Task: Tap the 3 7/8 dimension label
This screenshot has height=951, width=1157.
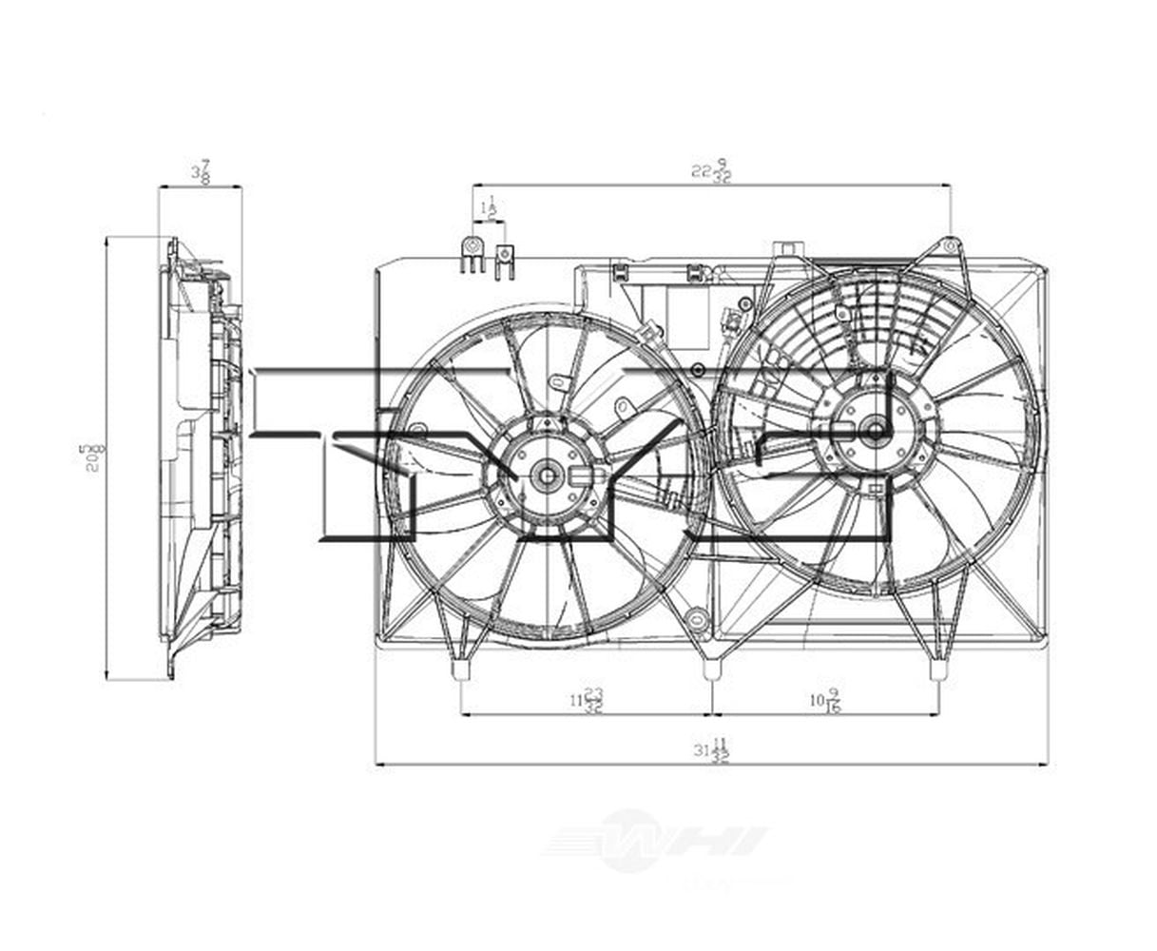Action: pos(201,172)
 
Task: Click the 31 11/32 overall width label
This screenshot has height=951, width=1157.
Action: pos(711,750)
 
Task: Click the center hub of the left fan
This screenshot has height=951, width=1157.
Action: pos(547,475)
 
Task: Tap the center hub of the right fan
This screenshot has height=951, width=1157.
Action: pos(873,431)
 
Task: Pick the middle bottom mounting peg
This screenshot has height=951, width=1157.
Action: pos(711,670)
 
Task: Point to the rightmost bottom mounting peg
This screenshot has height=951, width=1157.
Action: pos(937,670)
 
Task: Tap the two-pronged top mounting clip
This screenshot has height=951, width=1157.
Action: pos(504,259)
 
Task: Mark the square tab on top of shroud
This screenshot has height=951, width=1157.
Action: pos(786,250)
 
